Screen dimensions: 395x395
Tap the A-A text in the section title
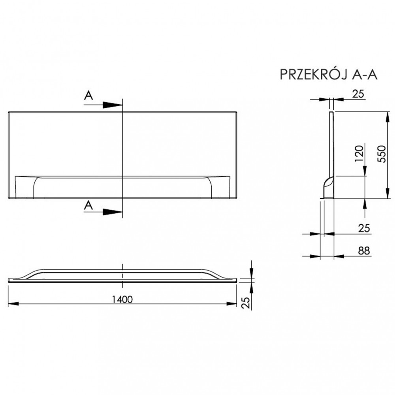click(x=364, y=74)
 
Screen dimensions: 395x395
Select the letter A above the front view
click(x=89, y=96)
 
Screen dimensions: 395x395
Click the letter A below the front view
click(x=89, y=205)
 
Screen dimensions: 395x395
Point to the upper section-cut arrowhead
click(x=112, y=105)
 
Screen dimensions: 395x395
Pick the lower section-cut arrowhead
click(x=112, y=212)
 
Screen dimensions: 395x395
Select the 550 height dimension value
click(x=382, y=154)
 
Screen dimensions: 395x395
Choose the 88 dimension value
click(x=364, y=251)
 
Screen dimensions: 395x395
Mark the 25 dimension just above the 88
click(x=364, y=228)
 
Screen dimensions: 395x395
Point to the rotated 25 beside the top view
click(x=246, y=302)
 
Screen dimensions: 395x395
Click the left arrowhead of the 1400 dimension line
click(x=14, y=304)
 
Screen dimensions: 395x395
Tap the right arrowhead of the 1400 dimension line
click(x=231, y=304)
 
